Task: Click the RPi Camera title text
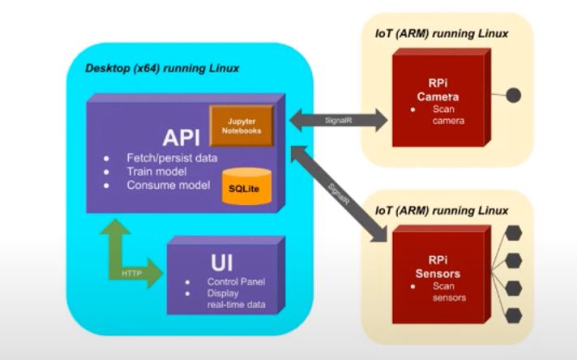pyautogui.click(x=438, y=90)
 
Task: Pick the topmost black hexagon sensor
pyautogui.click(x=513, y=234)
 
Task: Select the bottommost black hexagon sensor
pyautogui.click(x=513, y=315)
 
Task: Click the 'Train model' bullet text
pyautogui.click(x=157, y=171)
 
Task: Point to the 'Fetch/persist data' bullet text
pyautogui.click(x=172, y=157)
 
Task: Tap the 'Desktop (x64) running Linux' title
pyautogui.click(x=162, y=69)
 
